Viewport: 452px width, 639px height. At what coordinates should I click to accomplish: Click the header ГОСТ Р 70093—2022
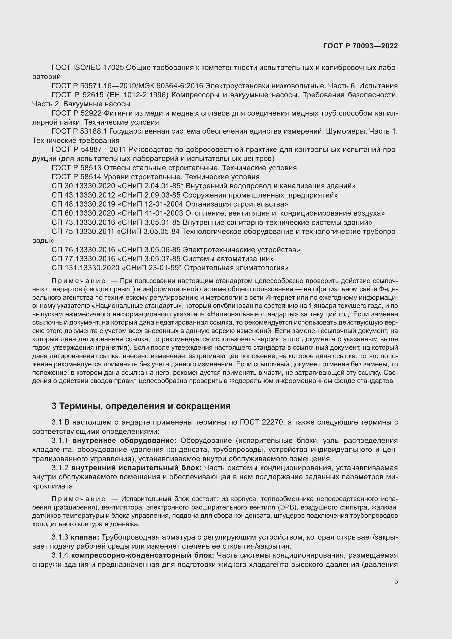coord(360,46)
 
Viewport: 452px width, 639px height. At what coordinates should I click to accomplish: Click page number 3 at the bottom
coord(396,581)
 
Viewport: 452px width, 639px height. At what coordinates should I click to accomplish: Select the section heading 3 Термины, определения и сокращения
coord(141,406)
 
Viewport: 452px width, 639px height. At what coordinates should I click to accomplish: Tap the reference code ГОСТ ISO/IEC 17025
coord(88,68)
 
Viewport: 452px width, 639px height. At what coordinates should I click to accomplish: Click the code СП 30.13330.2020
coord(83,186)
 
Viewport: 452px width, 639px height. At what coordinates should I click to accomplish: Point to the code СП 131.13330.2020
coord(85,268)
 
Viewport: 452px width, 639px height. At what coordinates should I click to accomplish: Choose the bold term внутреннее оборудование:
coord(124,441)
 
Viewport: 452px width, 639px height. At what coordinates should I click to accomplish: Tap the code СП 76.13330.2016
coord(83,250)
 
